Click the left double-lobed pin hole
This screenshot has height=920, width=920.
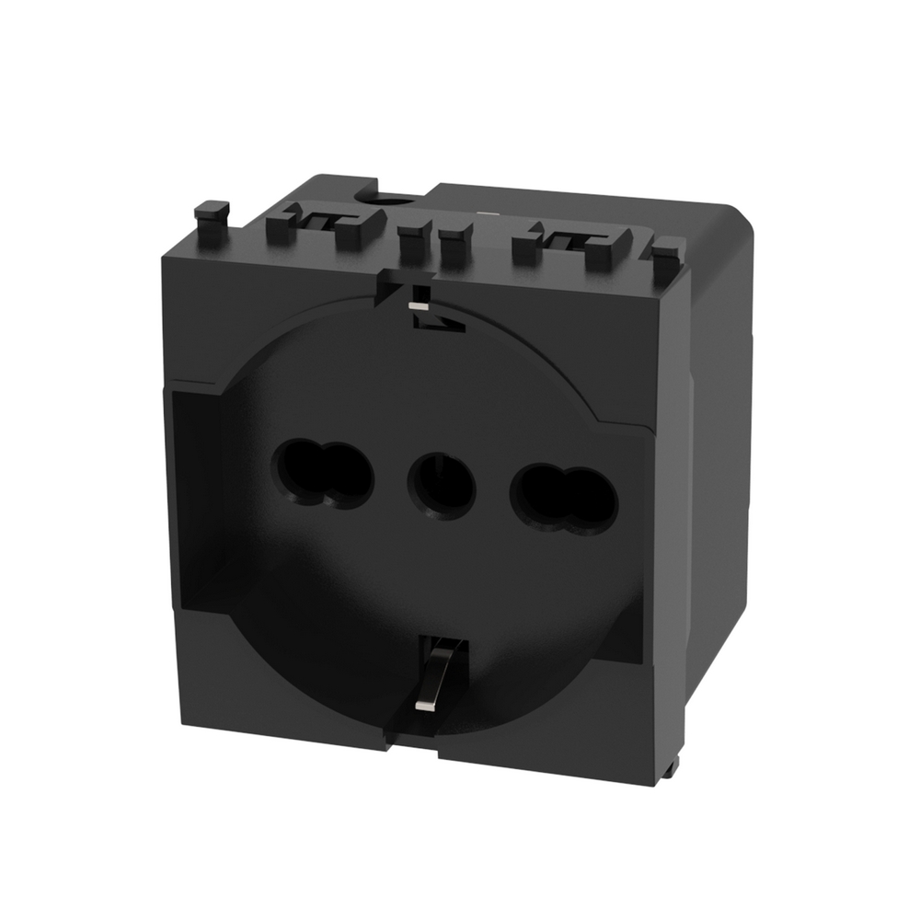(322, 475)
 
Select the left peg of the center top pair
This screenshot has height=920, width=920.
(412, 241)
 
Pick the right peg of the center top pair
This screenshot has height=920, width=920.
(452, 245)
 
